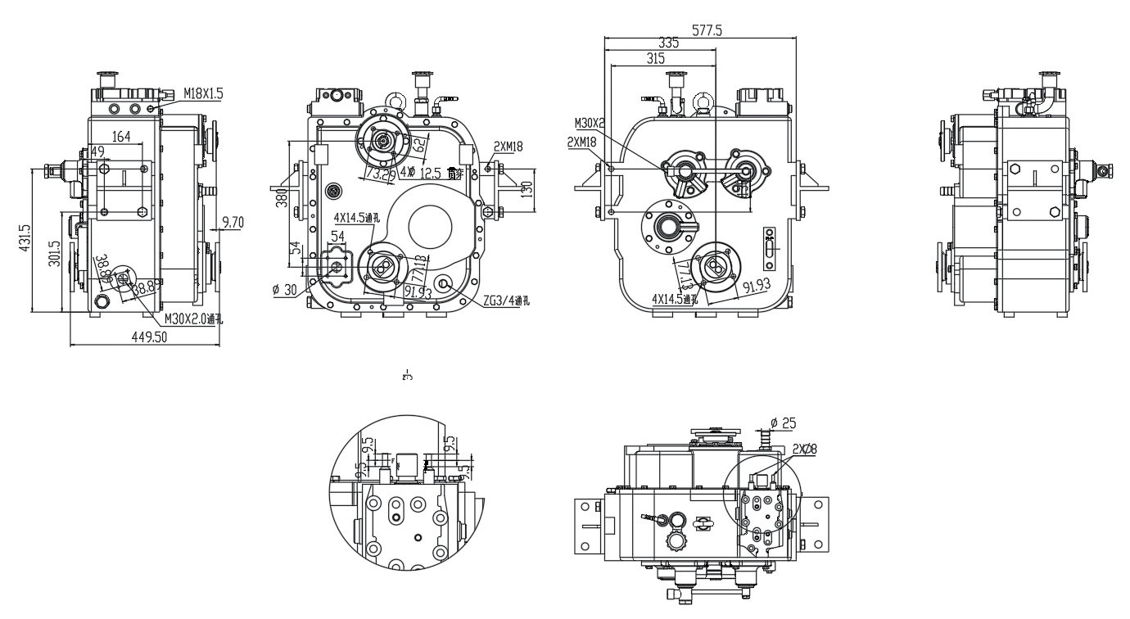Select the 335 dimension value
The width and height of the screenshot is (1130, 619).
pyautogui.click(x=669, y=43)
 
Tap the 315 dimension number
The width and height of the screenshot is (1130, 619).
pyautogui.click(x=655, y=58)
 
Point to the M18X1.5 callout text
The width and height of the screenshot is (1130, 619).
pyautogui.click(x=203, y=93)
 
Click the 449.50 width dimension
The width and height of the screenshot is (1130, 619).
pyautogui.click(x=145, y=337)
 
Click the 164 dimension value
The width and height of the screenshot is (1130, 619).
pyautogui.click(x=121, y=137)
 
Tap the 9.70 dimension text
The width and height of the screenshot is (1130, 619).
pyautogui.click(x=233, y=222)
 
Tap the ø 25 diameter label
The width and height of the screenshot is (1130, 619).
pyautogui.click(x=784, y=423)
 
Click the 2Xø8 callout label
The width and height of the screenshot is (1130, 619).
pyautogui.click(x=806, y=448)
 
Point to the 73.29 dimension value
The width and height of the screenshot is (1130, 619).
pyautogui.click(x=380, y=174)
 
